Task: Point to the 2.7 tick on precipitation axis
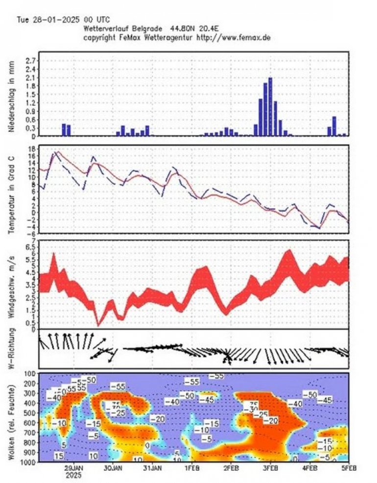pyautogui.click(x=30, y=60)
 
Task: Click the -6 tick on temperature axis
pyautogui.click(x=31, y=234)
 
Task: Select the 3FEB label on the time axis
pyautogui.click(x=269, y=468)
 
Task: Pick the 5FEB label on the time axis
pyautogui.click(x=348, y=468)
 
